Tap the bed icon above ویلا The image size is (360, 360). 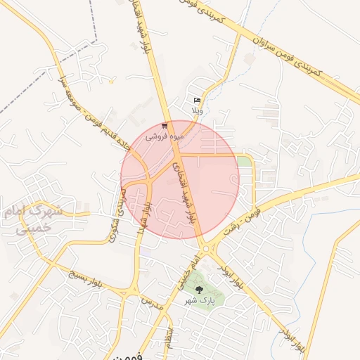click(x=197, y=101)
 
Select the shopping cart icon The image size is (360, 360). click(x=165, y=126)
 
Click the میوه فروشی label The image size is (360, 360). click(x=165, y=136)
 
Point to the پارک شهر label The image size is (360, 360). click(x=198, y=300)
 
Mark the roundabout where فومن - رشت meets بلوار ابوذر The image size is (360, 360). click(x=205, y=248)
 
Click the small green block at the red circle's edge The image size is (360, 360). click(x=244, y=162)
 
